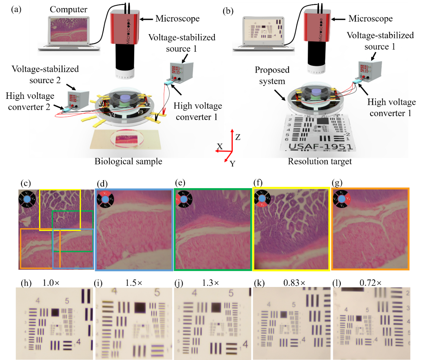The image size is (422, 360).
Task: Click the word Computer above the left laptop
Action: coord(68,10)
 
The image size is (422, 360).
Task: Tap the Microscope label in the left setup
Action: coord(177,19)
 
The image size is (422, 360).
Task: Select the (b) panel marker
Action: coord(228,11)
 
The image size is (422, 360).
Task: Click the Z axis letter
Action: coord(238,137)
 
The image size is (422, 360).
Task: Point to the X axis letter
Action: coord(219,146)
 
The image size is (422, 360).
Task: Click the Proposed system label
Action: coord(272,75)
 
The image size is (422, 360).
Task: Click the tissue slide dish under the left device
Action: coord(127,138)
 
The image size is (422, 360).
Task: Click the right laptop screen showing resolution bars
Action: coord(263,30)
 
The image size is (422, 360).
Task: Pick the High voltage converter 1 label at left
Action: coord(198,111)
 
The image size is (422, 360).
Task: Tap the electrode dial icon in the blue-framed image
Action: coord(105,199)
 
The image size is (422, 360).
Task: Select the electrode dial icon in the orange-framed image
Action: coord(341,199)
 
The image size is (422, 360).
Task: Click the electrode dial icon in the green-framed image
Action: coord(184,199)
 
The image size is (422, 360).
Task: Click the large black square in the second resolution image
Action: coord(140,307)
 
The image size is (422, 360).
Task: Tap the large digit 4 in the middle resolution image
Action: coord(245,344)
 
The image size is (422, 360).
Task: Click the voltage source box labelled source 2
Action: coord(79,99)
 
